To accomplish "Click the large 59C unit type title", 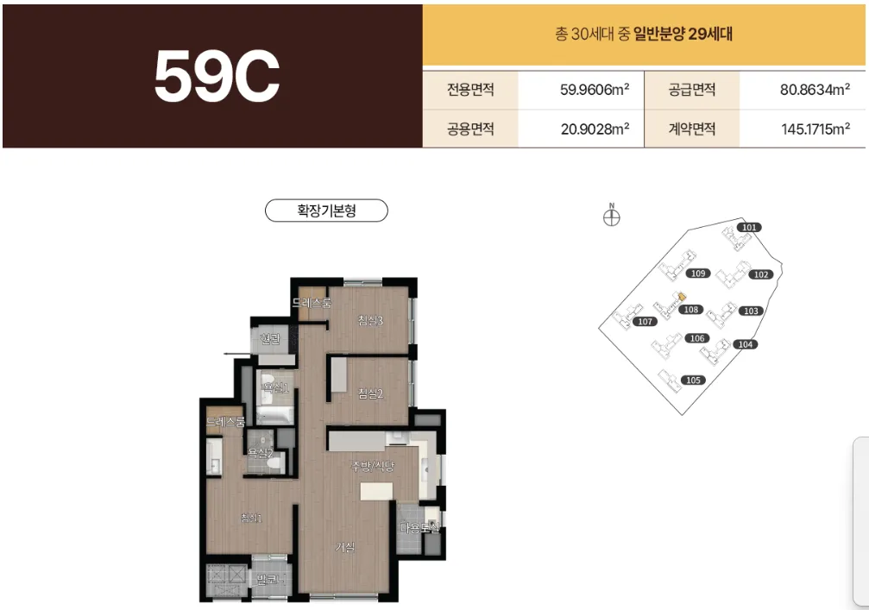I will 217,77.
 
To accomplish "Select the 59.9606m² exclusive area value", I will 595,89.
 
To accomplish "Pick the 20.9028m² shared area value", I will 595,129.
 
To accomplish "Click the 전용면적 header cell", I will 470,89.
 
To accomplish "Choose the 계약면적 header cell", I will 692,129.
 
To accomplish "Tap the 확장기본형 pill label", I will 326,211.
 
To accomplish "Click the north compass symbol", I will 611,217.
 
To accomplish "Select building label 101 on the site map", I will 749,228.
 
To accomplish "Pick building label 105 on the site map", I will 692,380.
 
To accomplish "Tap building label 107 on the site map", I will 644,322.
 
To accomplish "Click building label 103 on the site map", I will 750,311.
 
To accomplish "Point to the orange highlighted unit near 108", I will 682,297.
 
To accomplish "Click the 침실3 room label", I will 370,321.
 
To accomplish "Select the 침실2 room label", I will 370,394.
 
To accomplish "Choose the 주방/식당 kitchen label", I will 373,467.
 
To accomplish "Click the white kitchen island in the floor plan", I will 376,490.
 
